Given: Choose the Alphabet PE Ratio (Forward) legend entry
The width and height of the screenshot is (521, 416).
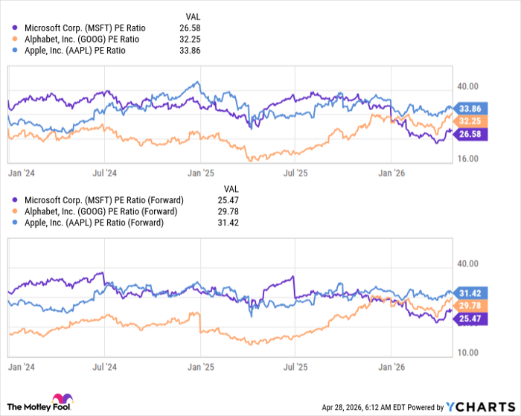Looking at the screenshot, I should point(99,211).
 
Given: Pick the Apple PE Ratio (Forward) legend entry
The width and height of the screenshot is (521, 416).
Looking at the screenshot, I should point(92,223).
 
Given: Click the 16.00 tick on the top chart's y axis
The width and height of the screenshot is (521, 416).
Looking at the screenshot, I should point(467,159).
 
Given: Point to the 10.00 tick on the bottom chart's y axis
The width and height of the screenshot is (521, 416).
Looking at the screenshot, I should point(467,352).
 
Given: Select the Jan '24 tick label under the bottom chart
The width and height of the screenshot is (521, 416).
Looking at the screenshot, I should point(21,367).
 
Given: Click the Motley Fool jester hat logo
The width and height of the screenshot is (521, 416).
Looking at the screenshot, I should point(57,400).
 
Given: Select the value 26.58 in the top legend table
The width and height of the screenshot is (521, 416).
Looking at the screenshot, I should point(191,28).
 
